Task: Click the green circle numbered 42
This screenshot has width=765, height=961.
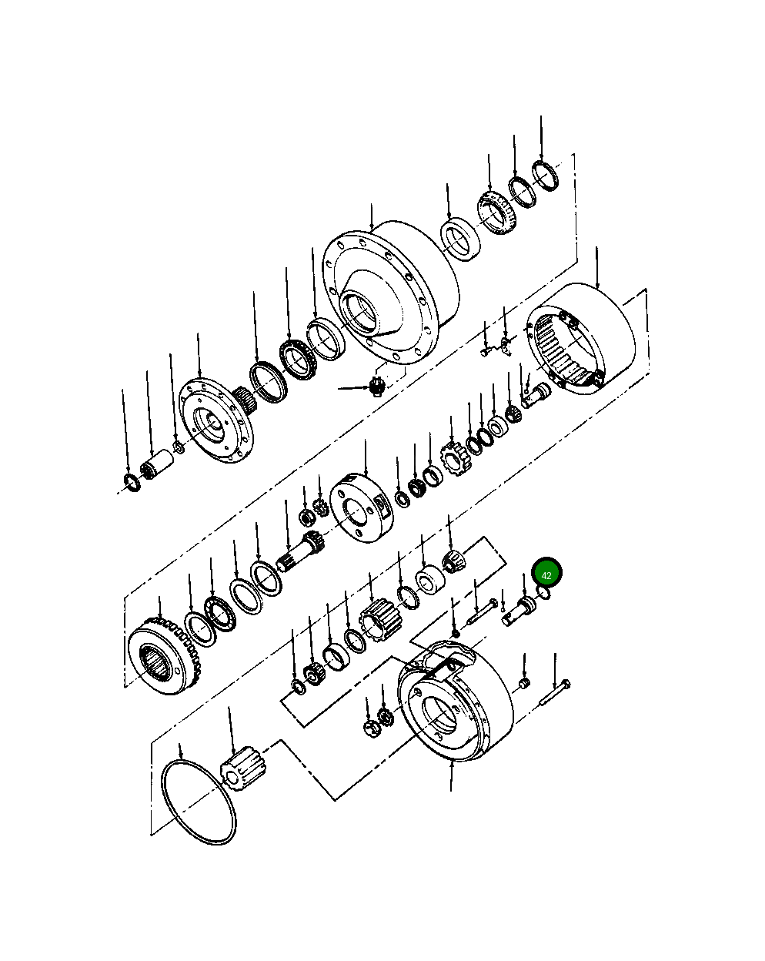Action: point(547,574)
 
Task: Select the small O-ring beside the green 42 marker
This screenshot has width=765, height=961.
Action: point(543,594)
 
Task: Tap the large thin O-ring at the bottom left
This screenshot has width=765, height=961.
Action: point(199,802)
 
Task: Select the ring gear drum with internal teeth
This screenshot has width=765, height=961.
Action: point(581,339)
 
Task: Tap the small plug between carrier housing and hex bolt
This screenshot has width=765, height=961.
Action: point(524,683)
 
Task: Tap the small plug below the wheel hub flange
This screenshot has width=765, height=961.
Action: point(376,386)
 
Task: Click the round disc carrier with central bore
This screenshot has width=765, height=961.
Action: point(362,507)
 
